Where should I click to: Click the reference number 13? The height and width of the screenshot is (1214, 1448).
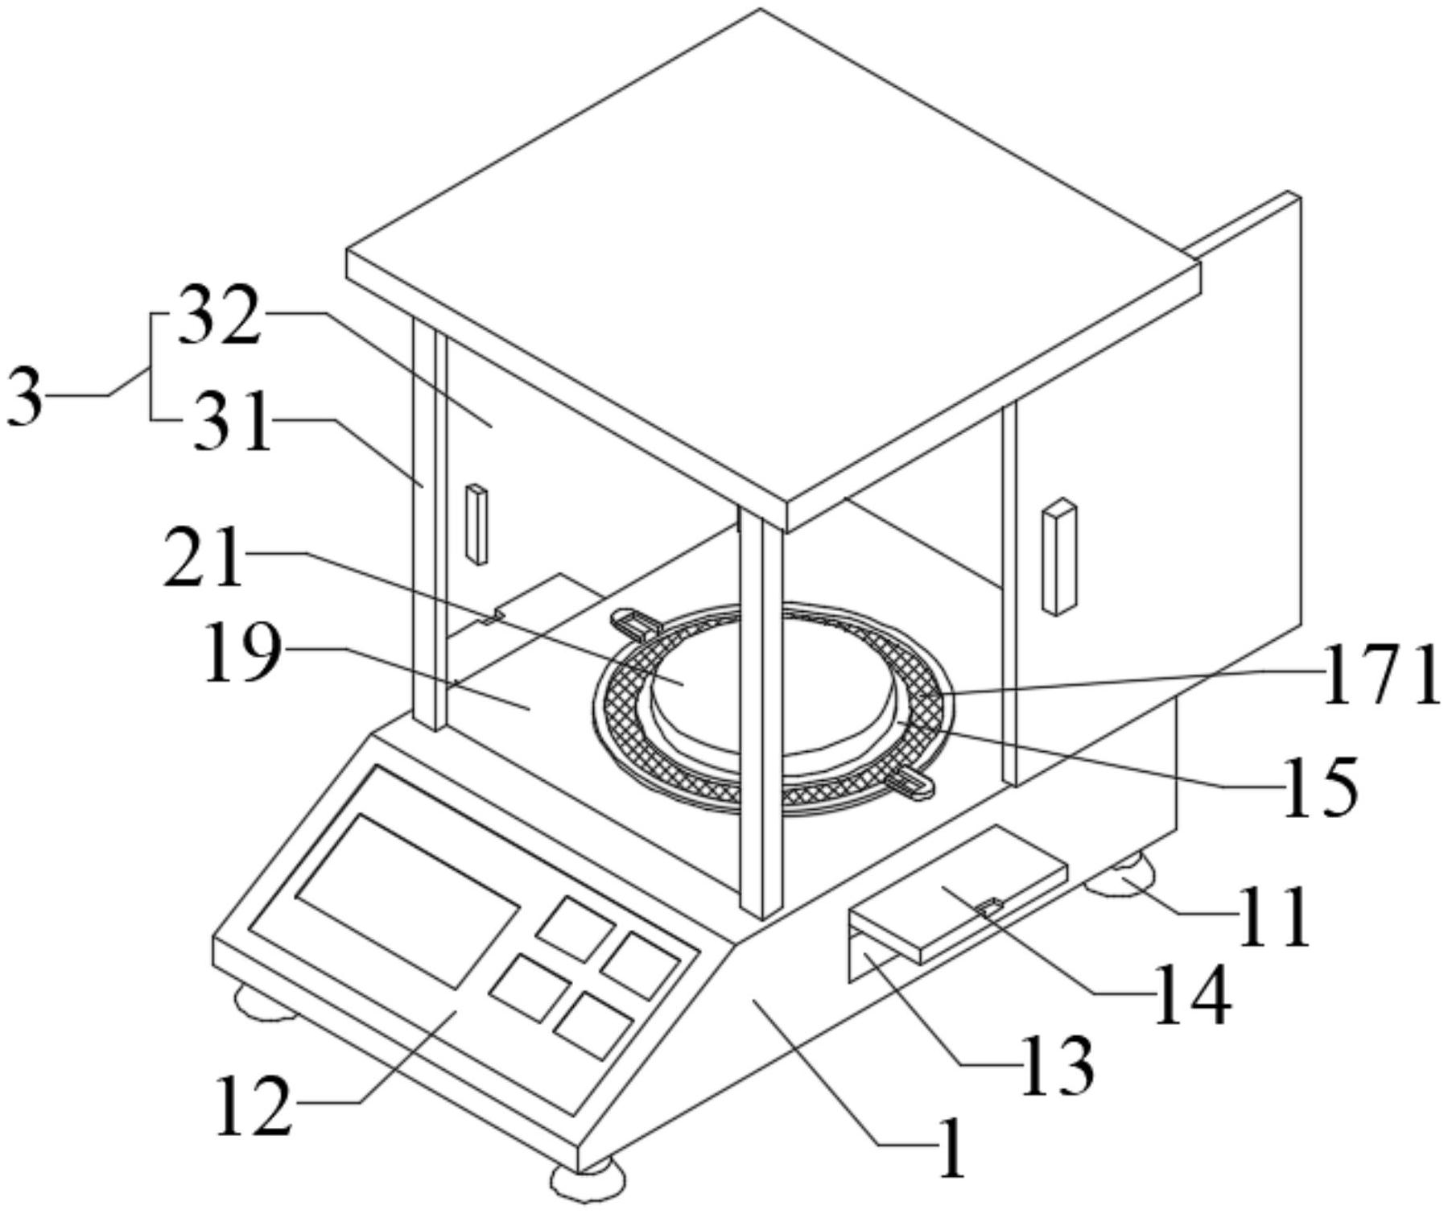pyautogui.click(x=1057, y=1064)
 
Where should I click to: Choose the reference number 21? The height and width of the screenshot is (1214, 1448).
pyautogui.click(x=204, y=557)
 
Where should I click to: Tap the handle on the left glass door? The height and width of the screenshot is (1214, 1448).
pyautogui.click(x=476, y=523)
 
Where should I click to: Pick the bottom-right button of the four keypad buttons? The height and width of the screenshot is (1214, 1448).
pyautogui.click(x=593, y=1025)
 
